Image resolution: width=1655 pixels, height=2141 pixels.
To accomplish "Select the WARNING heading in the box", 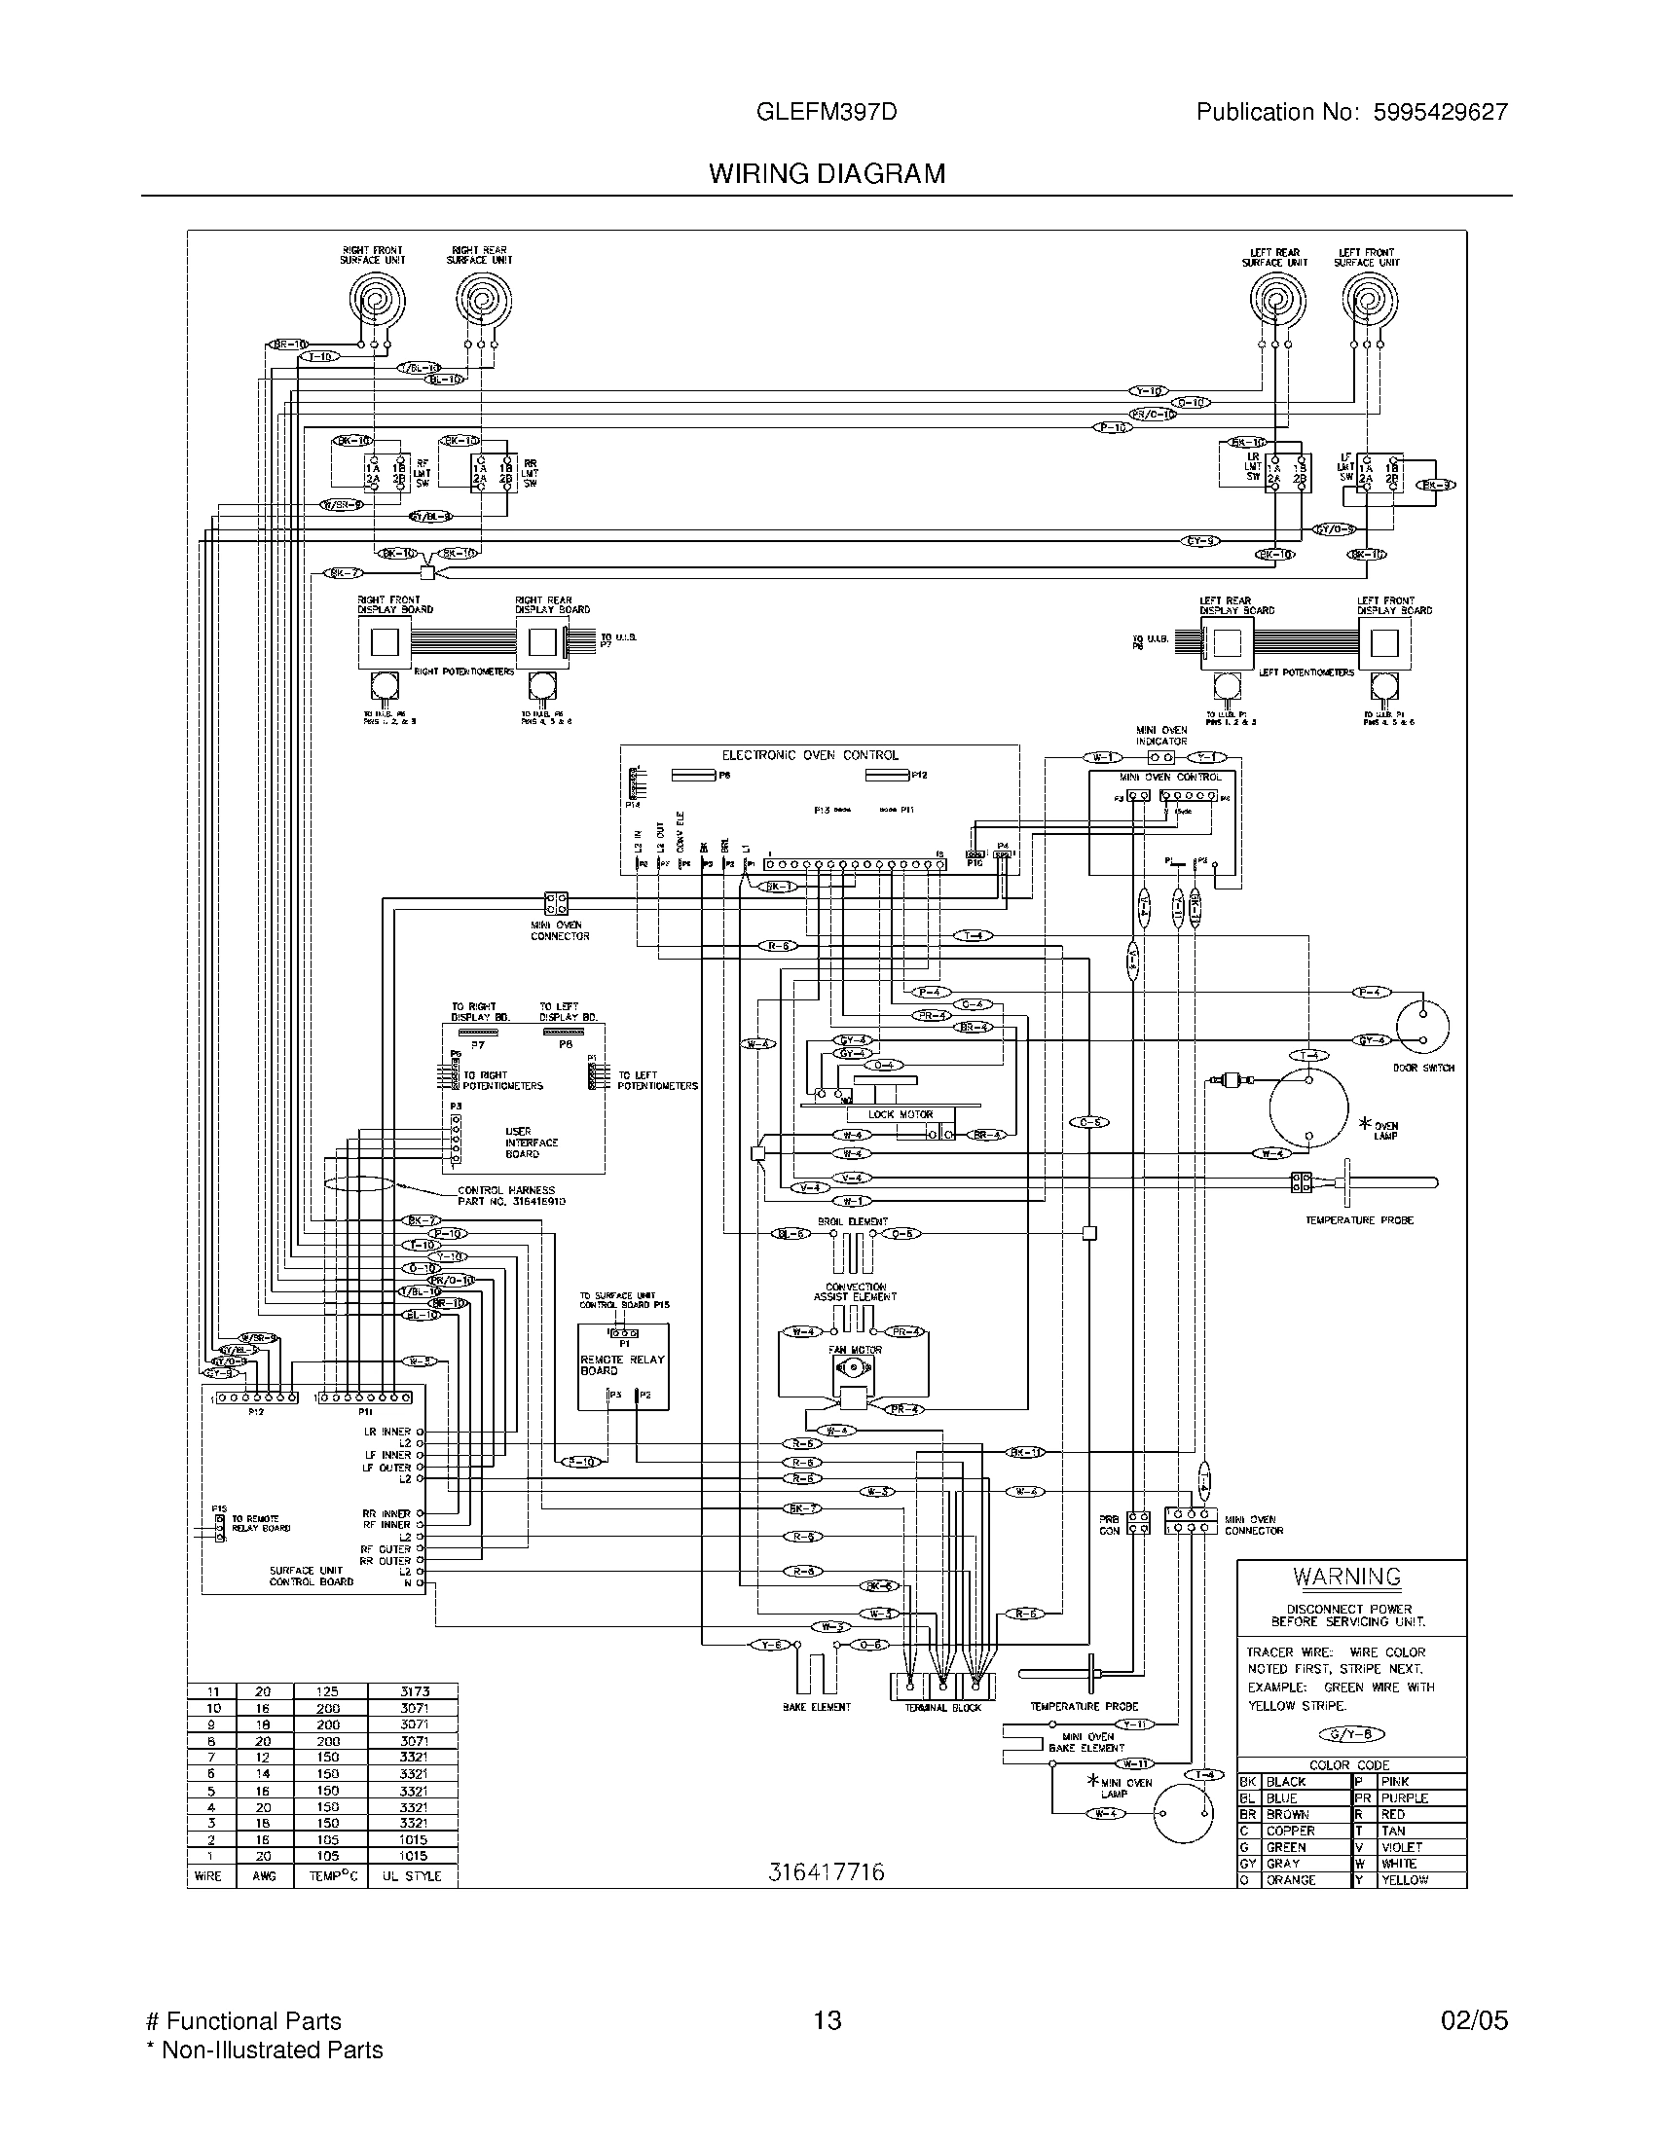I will (x=1346, y=1577).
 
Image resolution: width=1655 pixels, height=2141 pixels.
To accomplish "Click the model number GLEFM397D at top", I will (x=827, y=112).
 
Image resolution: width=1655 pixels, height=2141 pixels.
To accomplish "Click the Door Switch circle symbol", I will (x=1422, y=1026).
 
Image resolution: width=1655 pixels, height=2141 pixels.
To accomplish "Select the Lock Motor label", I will (x=901, y=1114).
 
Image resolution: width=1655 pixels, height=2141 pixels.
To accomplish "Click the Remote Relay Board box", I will (x=623, y=1365).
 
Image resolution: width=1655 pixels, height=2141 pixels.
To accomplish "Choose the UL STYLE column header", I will (x=413, y=1875).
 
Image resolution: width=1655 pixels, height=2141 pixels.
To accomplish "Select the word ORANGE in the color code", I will (x=1291, y=1879).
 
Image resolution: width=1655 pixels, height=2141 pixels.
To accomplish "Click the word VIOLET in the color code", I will (x=1401, y=1847).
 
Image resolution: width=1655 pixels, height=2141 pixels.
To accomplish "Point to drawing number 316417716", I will (x=826, y=1871).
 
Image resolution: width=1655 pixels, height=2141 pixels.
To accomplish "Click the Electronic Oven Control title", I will (x=810, y=755).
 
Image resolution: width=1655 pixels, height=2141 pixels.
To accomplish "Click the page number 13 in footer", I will (x=827, y=2020).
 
